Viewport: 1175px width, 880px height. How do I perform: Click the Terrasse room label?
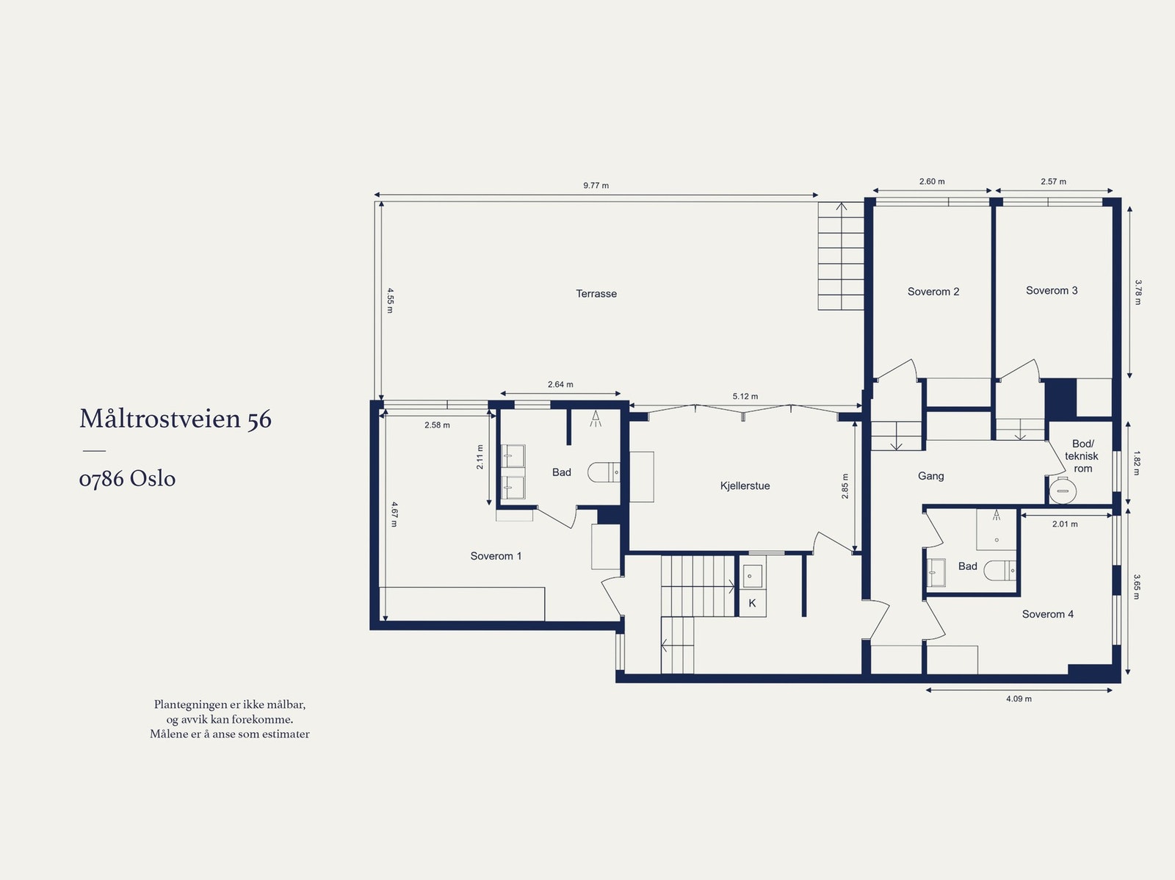[596, 293]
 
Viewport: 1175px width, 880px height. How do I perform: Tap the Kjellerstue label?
[745, 486]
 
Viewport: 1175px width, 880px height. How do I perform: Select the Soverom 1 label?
[496, 556]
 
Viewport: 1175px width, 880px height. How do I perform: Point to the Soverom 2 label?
[933, 292]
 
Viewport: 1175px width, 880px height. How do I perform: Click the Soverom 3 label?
[1052, 291]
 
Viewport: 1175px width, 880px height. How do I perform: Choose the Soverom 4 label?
[1048, 614]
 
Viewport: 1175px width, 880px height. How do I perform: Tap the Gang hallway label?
[931, 476]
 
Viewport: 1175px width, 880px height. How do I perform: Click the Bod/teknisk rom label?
[1082, 456]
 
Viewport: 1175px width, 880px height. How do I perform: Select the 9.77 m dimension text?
[596, 186]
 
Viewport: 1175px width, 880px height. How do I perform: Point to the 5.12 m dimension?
[745, 397]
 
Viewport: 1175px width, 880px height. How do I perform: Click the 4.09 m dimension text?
[1019, 699]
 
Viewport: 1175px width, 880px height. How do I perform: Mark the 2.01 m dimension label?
[1065, 524]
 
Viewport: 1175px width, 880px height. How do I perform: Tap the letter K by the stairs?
[752, 603]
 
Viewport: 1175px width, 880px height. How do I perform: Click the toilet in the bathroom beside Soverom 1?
[604, 472]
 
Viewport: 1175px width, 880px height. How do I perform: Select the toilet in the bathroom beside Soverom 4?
[1000, 570]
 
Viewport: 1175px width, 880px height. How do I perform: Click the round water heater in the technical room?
[1063, 491]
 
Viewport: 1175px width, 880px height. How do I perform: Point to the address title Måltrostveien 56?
[176, 418]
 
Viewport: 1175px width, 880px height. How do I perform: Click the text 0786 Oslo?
[127, 478]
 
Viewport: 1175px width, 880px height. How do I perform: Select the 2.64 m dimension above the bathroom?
[560, 384]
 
